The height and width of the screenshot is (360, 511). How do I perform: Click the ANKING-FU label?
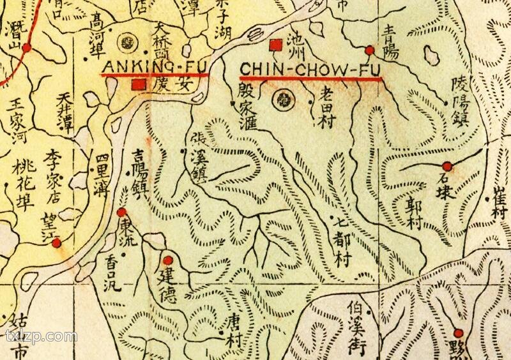153,66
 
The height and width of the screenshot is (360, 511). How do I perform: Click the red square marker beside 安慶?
136,84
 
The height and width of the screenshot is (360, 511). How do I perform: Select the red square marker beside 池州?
276,44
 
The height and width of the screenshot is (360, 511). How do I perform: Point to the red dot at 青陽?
369,50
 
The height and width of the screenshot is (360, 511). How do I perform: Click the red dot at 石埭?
447,166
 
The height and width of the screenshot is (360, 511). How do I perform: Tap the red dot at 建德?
168,260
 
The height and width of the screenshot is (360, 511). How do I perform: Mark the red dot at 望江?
57,243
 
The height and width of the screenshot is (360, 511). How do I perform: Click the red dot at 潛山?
27,47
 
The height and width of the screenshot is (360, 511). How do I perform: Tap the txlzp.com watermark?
40,336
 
